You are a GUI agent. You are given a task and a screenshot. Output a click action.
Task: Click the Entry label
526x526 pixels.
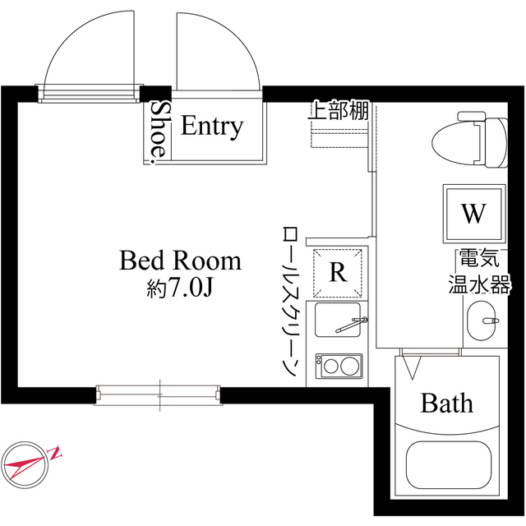pos(212,127)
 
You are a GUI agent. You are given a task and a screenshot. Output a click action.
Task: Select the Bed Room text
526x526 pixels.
pos(181,261)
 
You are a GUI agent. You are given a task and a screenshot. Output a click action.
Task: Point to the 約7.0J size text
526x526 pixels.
pos(180,288)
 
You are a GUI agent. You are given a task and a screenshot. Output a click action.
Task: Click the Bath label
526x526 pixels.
pos(447,404)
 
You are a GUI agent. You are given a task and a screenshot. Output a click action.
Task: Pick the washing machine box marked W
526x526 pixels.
pos(473,214)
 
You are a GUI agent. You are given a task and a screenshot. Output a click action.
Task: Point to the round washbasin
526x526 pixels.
pos(482,320)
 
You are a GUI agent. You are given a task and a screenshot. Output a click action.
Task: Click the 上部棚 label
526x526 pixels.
pos(339,111)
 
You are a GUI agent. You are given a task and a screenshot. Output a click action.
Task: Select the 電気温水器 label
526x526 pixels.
pos(480,272)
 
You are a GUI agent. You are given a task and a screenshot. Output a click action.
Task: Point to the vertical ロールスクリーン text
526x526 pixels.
pos(288,301)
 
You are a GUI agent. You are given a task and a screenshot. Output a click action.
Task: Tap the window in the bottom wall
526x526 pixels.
pos(159,394)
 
